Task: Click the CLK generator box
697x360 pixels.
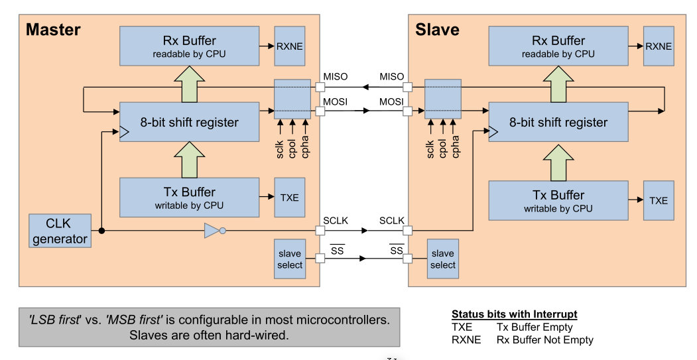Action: (60, 230)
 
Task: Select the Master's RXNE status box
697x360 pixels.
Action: (289, 46)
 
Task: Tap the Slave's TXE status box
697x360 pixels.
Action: (658, 201)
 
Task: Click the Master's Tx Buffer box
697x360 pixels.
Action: (189, 198)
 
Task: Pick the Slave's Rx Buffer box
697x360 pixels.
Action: (558, 46)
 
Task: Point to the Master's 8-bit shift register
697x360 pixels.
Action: (189, 122)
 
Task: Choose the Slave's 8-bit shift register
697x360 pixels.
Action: (558, 122)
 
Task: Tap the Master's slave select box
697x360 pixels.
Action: (290, 259)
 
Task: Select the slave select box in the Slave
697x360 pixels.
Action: (442, 259)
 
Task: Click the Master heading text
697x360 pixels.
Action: (53, 30)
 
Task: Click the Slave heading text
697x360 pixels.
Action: (437, 30)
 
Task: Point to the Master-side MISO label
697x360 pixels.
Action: (336, 78)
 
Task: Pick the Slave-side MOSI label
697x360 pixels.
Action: (391, 101)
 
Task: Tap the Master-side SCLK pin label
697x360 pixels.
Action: (336, 221)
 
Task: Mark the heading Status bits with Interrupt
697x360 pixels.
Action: (514, 314)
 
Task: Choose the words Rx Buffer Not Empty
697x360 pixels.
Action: (544, 339)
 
